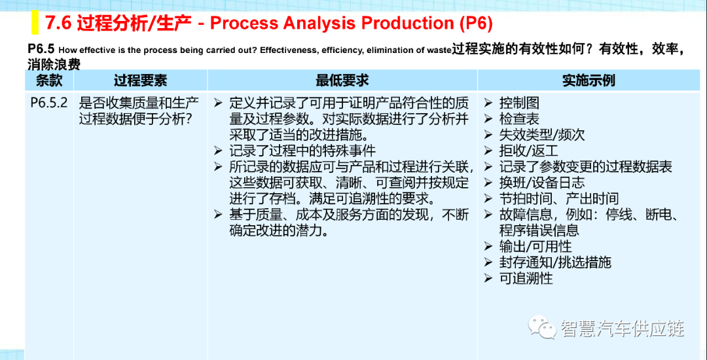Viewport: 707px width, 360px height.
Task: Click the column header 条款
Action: click(48, 81)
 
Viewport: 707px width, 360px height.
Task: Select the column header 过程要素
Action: click(140, 81)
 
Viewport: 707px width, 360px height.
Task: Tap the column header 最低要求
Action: click(342, 81)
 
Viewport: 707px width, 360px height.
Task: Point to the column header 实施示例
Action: click(589, 81)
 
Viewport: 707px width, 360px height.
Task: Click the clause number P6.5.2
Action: click(49, 103)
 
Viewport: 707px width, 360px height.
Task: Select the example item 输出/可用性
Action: click(535, 246)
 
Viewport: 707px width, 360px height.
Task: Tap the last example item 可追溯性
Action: click(526, 278)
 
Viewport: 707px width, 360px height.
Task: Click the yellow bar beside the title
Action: click(35, 22)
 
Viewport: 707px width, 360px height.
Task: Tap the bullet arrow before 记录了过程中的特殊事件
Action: click(218, 151)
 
